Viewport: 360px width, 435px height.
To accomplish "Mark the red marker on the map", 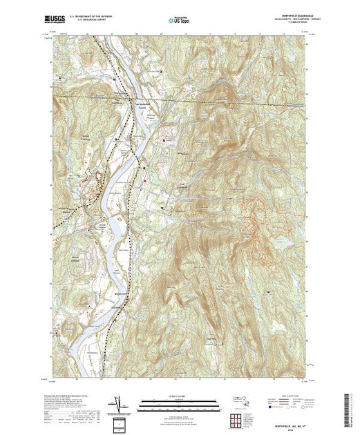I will (146, 182).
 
